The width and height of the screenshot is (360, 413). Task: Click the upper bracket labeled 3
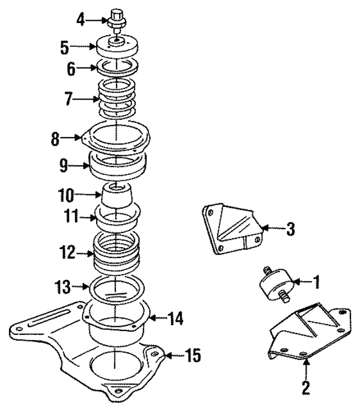point(231,228)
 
